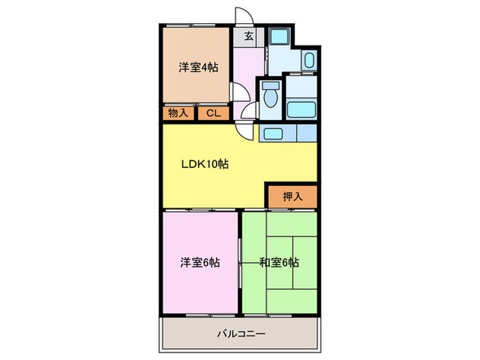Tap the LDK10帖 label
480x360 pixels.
click(205, 165)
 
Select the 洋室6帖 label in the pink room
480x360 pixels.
click(200, 262)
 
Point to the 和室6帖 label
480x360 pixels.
click(279, 262)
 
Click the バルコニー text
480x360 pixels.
click(241, 335)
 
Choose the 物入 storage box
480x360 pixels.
click(179, 114)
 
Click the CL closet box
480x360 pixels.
click(213, 114)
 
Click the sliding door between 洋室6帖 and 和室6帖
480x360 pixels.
click(240, 261)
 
